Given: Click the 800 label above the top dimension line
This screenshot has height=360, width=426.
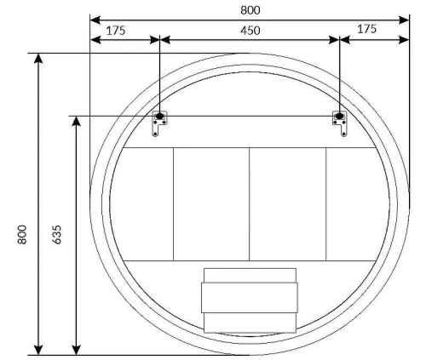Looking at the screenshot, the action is click(x=250, y=10).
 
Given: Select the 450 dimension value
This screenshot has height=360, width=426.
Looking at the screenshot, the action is click(x=250, y=31).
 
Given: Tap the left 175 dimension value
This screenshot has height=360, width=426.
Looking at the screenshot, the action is click(x=116, y=31).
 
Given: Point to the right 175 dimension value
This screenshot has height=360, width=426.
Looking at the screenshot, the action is click(x=366, y=29).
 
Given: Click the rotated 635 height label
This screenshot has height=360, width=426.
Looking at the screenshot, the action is click(x=57, y=235).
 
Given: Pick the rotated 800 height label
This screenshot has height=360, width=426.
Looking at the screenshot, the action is click(x=22, y=235).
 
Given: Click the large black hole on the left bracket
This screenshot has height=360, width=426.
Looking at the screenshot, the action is click(x=159, y=116).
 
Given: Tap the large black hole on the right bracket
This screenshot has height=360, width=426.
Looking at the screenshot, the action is click(x=339, y=116).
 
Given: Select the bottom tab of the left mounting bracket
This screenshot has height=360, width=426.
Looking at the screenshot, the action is click(x=155, y=131).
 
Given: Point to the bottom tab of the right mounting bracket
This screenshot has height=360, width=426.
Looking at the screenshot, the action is click(x=344, y=131).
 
